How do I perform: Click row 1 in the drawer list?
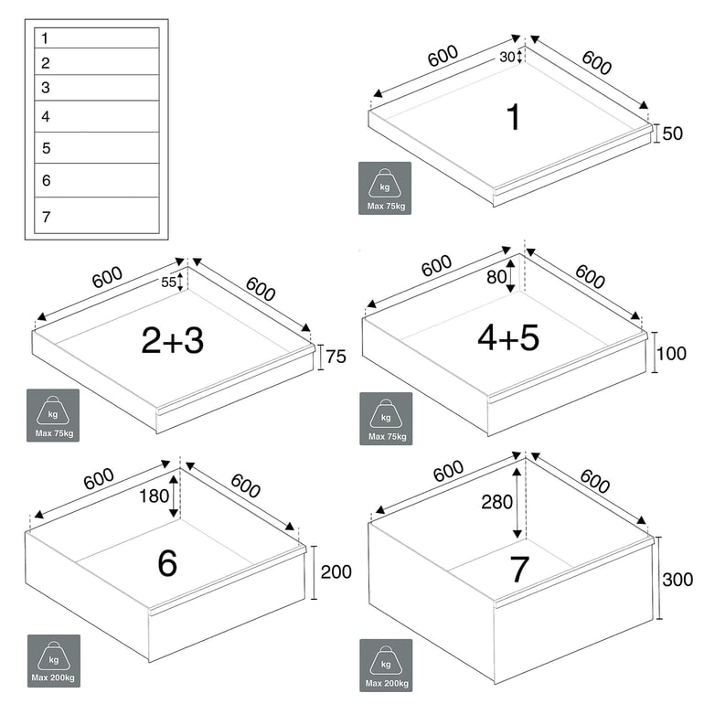[x=96, y=38]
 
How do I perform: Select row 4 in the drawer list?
[x=96, y=116]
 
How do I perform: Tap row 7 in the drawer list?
[x=96, y=216]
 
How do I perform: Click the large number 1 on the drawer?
[x=513, y=117]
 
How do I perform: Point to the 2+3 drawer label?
[x=173, y=340]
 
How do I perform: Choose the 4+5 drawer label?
[x=508, y=337]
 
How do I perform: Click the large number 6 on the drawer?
[x=167, y=563]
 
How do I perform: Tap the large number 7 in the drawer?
[x=519, y=570]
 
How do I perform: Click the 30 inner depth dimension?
[x=507, y=57]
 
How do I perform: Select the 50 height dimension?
[x=673, y=133]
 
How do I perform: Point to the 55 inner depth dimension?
[x=168, y=283]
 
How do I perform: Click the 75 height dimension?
[x=336, y=357]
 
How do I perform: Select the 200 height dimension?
[x=336, y=572]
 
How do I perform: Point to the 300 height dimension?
[x=677, y=579]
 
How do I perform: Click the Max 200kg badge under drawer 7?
[x=385, y=665]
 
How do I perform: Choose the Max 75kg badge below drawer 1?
[x=384, y=188]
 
